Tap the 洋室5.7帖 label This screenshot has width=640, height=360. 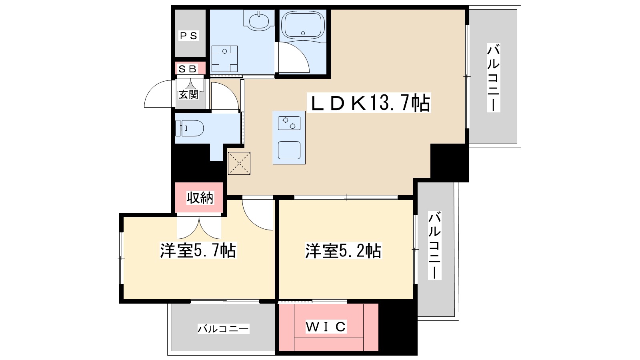(198, 251)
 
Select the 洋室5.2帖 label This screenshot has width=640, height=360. (343, 251)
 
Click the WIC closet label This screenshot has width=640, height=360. (326, 327)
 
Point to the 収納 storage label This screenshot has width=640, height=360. (200, 197)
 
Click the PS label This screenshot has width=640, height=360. (188, 36)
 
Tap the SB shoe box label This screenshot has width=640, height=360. (188, 68)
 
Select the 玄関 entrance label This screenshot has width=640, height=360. (188, 94)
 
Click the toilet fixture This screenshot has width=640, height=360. (190, 128)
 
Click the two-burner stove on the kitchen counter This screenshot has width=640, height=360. (289, 123)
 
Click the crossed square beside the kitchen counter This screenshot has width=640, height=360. (239, 163)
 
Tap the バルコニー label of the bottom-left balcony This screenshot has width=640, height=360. (223, 329)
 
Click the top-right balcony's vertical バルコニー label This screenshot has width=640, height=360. (493, 78)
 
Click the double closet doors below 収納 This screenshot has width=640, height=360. (199, 226)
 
